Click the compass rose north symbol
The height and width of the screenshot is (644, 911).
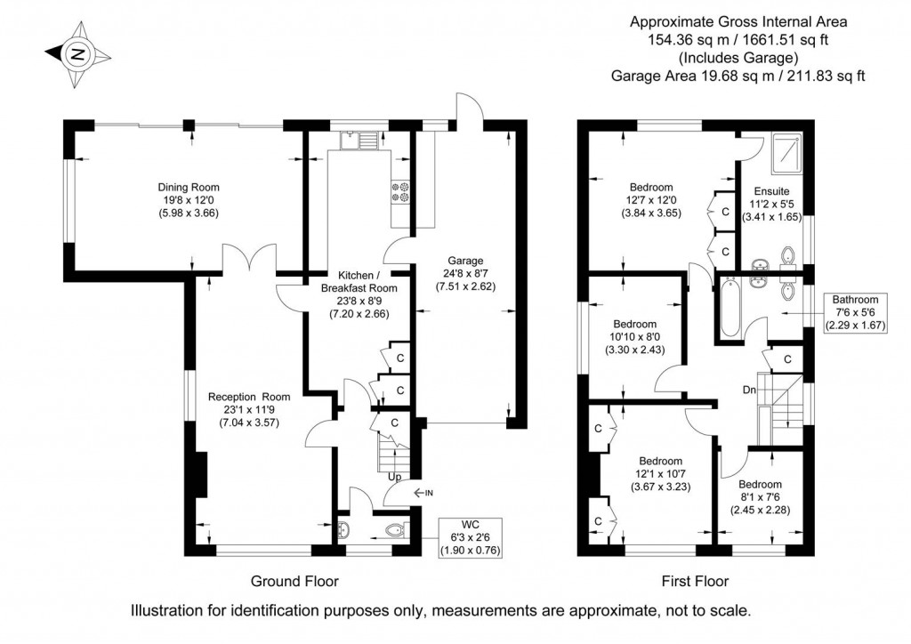[x=78, y=54]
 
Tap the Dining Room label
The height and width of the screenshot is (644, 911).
[x=189, y=200]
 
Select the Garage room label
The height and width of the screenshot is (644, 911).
[x=465, y=273]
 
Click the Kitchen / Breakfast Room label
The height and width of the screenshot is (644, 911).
[x=359, y=294]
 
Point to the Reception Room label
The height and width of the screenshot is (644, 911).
[x=249, y=410]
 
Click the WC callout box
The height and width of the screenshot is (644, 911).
[x=471, y=537]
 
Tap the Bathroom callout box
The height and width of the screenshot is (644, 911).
[x=856, y=313]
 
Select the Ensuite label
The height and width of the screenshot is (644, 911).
[x=772, y=204]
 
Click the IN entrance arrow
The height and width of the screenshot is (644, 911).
[x=423, y=493]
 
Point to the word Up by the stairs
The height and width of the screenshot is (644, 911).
[x=394, y=478]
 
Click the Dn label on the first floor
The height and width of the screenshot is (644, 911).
[x=749, y=390]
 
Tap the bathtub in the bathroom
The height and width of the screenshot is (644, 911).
[x=731, y=308]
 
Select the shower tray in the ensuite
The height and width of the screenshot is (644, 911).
[x=787, y=153]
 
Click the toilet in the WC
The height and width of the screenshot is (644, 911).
[x=397, y=529]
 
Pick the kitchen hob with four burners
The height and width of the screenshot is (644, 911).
[x=400, y=193]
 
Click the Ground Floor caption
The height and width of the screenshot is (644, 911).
[x=294, y=581]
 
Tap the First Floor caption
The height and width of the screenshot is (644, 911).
[x=695, y=581]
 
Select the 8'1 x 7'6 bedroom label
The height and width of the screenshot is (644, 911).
[x=760, y=497]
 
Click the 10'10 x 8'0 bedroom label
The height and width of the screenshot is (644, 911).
[x=635, y=337]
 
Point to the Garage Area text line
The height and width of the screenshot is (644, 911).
[x=738, y=76]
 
